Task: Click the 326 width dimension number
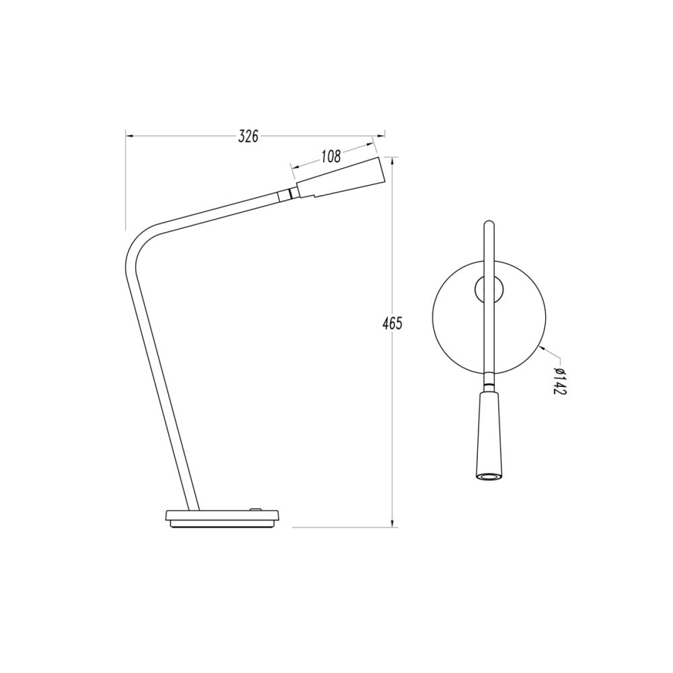coord(248,136)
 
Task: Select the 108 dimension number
coord(331,157)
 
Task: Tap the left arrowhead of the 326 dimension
coord(128,135)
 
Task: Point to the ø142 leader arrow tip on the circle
coord(539,348)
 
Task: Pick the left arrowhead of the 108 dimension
coord(292,166)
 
